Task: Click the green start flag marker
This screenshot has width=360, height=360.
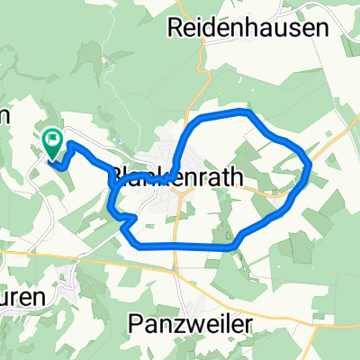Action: coord(52,140)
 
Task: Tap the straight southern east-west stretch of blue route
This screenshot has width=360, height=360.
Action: coord(184,246)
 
